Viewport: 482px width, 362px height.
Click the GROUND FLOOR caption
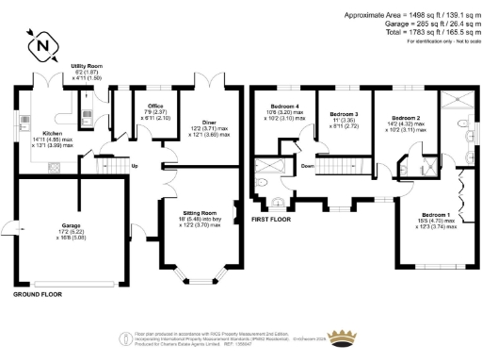pyautogui.click(x=38, y=295)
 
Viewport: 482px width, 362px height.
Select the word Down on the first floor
pyautogui.click(x=309, y=166)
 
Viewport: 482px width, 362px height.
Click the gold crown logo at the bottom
pyautogui.click(x=351, y=337)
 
